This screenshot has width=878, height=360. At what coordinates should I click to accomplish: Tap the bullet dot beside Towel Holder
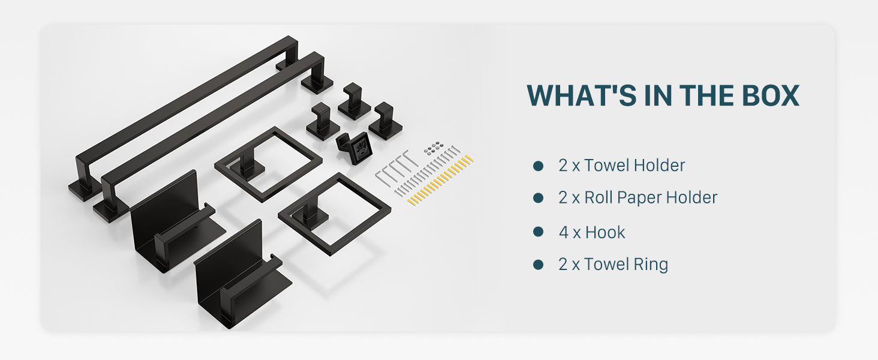[538, 166]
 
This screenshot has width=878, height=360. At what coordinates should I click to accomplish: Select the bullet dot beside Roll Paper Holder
[538, 197]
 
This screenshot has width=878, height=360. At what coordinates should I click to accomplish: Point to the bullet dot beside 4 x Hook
[538, 232]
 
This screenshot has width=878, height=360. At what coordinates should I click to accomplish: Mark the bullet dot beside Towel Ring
[538, 265]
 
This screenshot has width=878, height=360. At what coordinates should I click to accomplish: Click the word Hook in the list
[605, 233]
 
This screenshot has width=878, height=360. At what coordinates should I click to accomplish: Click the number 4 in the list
[564, 233]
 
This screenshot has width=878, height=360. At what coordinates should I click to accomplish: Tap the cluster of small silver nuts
[434, 147]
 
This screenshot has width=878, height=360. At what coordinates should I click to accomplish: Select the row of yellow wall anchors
[440, 181]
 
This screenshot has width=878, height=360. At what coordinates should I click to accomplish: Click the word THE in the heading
[706, 95]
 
